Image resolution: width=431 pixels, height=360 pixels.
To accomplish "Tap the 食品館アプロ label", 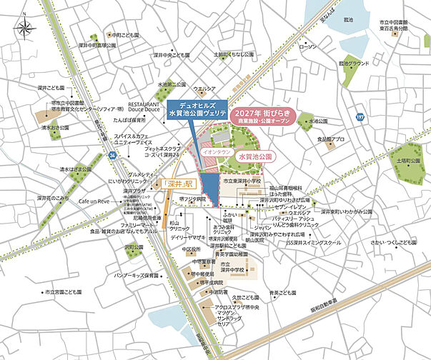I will click(x=330, y=139).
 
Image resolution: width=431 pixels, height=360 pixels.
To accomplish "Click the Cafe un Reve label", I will click(x=94, y=202).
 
